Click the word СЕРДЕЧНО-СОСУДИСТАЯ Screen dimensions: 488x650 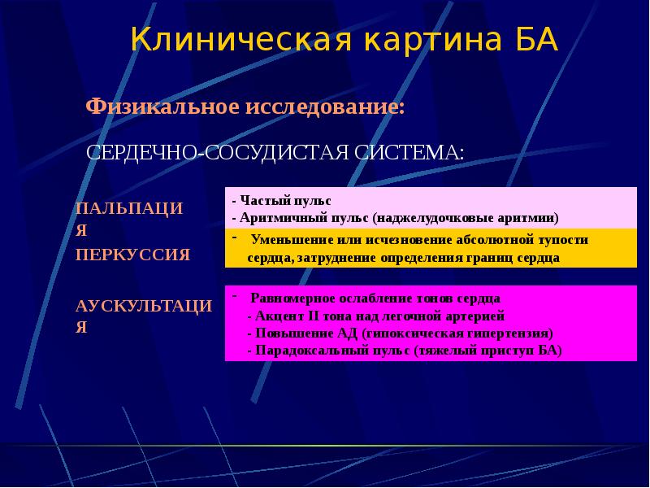point(219,153)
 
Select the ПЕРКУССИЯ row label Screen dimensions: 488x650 point(132,255)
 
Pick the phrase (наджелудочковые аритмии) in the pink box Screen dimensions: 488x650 point(466,218)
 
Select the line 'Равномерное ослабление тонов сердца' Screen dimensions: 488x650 point(375,298)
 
